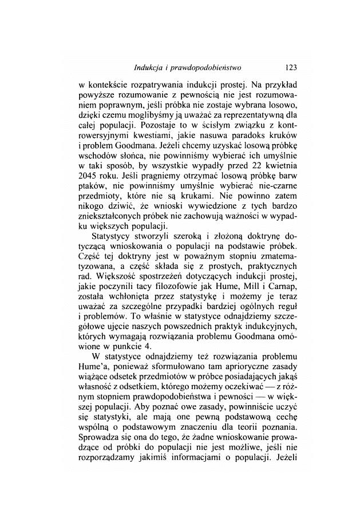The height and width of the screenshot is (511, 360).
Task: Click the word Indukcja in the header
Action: click(x=149, y=68)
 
